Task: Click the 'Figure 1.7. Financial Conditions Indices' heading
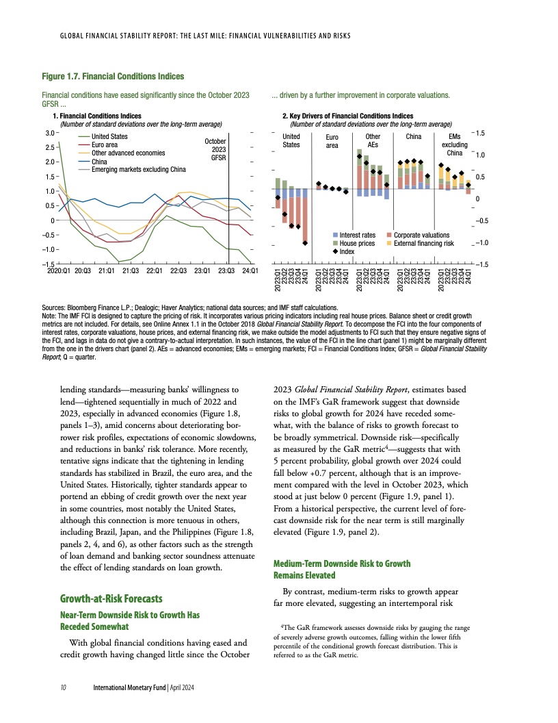pyautogui.click(x=113, y=75)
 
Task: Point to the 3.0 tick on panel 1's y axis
pyautogui.click(x=49, y=132)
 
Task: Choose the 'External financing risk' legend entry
pyautogui.click(x=423, y=243)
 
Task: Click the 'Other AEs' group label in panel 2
pyautogui.click(x=373, y=141)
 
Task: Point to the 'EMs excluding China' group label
pyautogui.click(x=454, y=144)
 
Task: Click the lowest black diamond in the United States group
pyautogui.click(x=305, y=243)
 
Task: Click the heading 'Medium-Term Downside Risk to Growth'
pyautogui.click(x=342, y=563)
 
